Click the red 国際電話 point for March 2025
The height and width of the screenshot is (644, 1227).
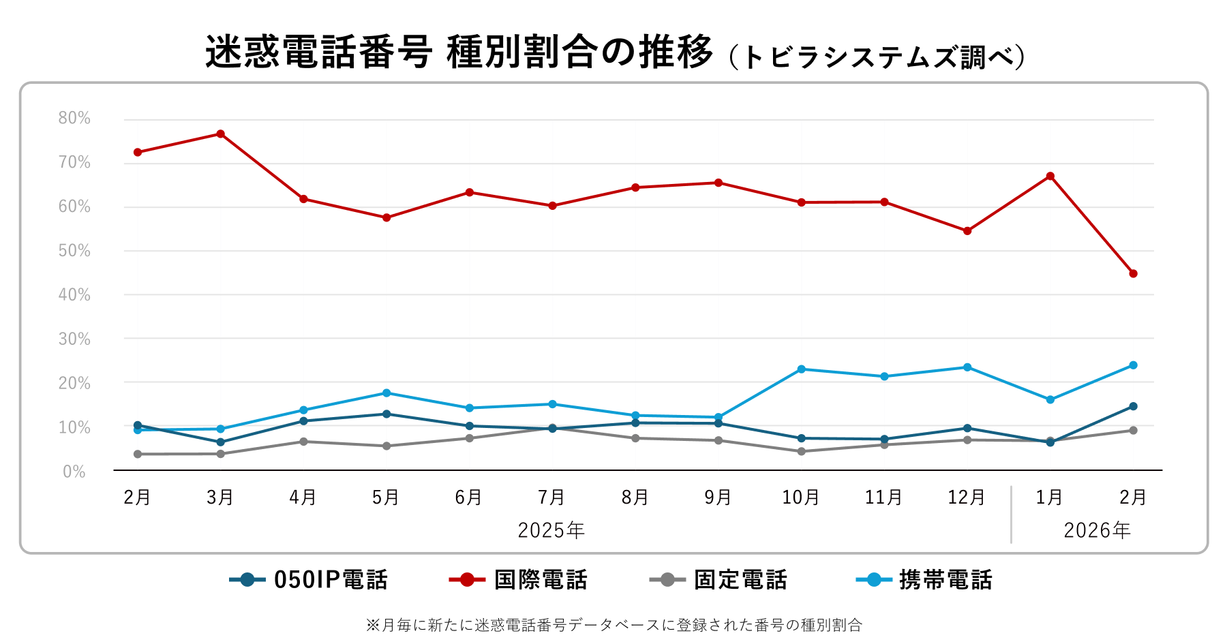[220, 134]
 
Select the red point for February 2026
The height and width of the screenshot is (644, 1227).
[1133, 274]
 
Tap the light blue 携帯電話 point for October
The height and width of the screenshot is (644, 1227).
[801, 369]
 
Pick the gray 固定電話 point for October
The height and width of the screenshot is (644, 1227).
[801, 451]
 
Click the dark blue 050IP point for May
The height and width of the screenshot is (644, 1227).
[387, 414]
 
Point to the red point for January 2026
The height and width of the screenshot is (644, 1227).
[1050, 177]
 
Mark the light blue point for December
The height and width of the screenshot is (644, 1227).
[967, 367]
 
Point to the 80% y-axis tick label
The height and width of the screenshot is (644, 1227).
[74, 119]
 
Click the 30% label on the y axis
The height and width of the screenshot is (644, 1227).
[74, 339]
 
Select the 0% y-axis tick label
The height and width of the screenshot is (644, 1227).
[74, 472]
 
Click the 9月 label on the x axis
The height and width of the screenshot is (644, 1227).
[718, 497]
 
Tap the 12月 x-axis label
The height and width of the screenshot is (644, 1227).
[967, 497]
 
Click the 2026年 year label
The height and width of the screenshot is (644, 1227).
[1097, 530]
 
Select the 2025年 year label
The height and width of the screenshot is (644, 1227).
[551, 530]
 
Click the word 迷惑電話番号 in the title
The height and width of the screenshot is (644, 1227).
[318, 52]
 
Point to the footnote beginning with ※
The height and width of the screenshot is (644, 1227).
[613, 625]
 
